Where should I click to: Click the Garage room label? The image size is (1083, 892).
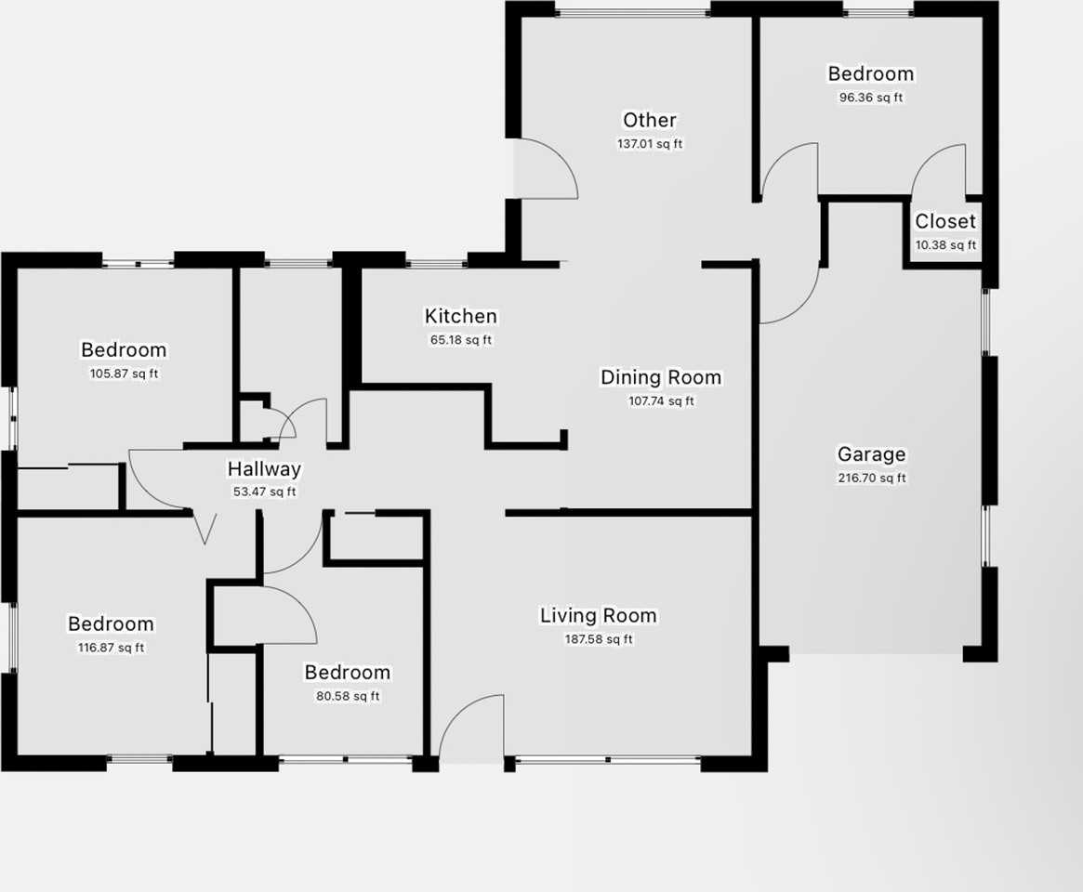(871, 454)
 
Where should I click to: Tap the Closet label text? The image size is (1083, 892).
(945, 221)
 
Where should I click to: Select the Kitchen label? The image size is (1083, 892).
(461, 317)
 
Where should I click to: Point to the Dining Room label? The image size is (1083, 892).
(661, 377)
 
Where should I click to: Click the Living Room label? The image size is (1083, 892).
(599, 615)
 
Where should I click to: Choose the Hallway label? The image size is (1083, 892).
(264, 469)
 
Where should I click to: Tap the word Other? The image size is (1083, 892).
(650, 120)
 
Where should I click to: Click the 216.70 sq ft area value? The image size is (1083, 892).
(871, 479)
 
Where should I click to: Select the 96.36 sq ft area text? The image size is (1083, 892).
(871, 98)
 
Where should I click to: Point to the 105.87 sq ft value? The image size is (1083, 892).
(124, 374)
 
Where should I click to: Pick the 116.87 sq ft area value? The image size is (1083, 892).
(111, 648)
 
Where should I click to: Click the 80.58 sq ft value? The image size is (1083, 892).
(348, 696)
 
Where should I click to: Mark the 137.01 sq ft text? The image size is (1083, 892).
(650, 144)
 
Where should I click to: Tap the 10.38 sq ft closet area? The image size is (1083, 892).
(945, 245)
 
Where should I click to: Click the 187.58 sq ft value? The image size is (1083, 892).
(599, 639)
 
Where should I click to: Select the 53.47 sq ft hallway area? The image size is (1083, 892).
(264, 492)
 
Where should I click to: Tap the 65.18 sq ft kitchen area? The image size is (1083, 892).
(461, 340)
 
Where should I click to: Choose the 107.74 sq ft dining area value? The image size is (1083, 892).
(661, 401)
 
